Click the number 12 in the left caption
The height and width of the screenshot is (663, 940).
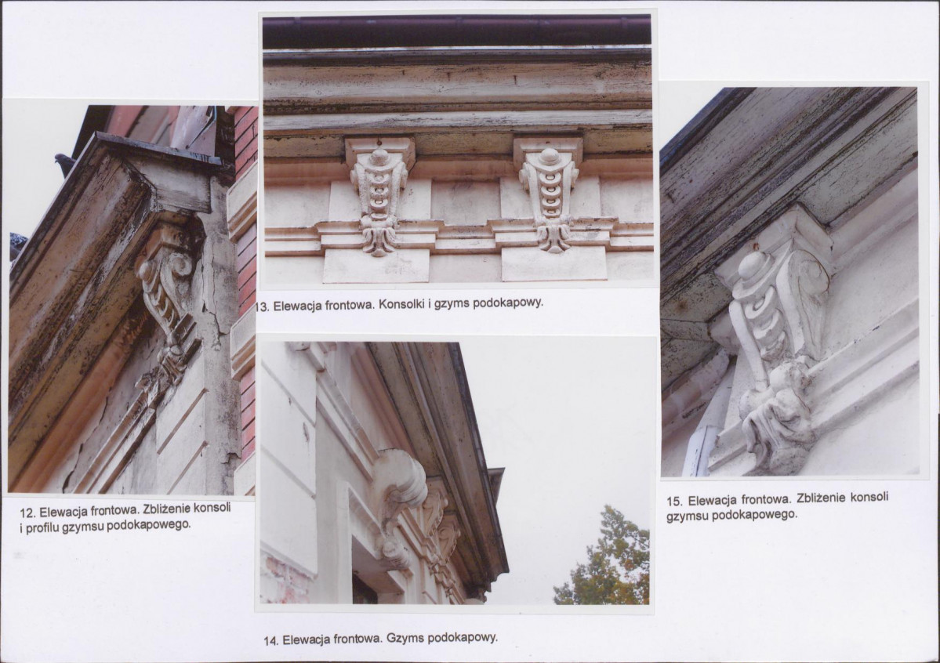[26, 513]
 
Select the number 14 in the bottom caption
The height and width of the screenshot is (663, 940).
[270, 640]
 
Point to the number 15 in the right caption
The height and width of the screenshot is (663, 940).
[673, 501]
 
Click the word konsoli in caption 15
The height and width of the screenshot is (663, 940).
[869, 498]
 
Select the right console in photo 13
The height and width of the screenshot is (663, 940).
[548, 192]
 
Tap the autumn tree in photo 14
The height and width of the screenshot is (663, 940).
[605, 557]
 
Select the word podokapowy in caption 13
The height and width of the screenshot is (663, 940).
[508, 303]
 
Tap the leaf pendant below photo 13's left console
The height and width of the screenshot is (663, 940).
[379, 236]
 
